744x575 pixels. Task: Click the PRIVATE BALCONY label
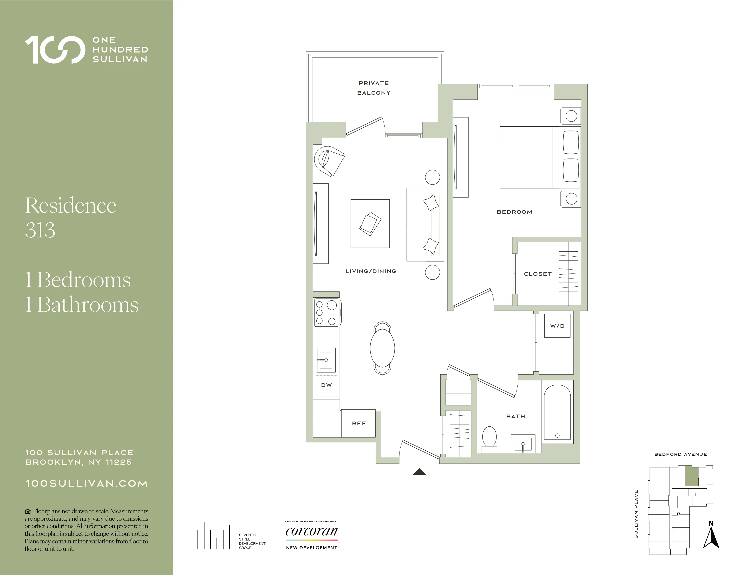pos(374,88)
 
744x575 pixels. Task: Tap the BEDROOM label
pos(514,212)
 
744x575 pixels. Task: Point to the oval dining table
pos(382,348)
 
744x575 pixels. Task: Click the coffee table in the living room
pos(370,223)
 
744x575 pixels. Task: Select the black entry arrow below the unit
pos(419,472)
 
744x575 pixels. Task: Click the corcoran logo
pos(311,531)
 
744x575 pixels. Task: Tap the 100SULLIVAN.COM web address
pos(87,484)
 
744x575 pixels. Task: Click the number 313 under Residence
pos(40,230)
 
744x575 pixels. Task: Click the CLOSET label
pos(537,274)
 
